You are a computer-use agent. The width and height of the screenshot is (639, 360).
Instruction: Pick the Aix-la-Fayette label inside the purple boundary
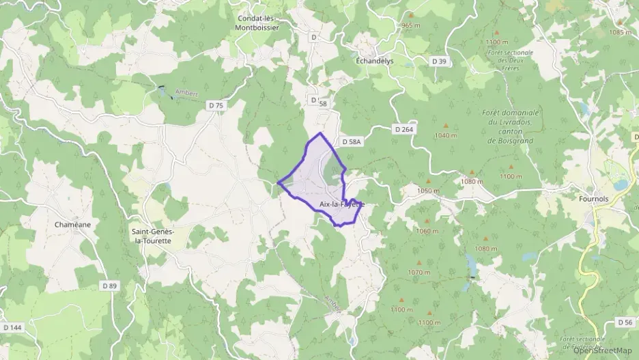(x=341, y=204)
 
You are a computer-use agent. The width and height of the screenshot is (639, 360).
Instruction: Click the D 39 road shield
(x=439, y=61)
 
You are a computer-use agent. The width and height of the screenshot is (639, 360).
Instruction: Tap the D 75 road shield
(x=216, y=105)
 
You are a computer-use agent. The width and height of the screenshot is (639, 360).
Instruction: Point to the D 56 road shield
(x=625, y=322)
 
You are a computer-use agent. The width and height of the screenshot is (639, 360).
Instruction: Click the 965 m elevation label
(x=411, y=25)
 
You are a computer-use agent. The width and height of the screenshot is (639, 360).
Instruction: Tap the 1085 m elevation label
(x=621, y=32)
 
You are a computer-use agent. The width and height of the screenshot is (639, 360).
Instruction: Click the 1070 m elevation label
(x=419, y=272)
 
